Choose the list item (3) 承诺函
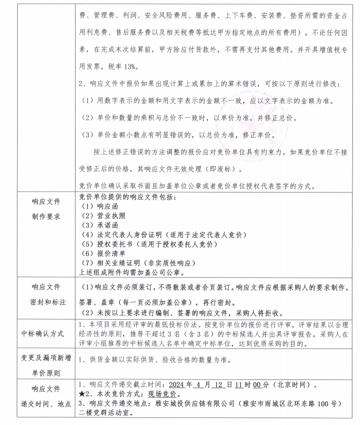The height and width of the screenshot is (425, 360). point(99,225)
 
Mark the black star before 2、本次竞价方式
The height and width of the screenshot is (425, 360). point(83,394)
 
